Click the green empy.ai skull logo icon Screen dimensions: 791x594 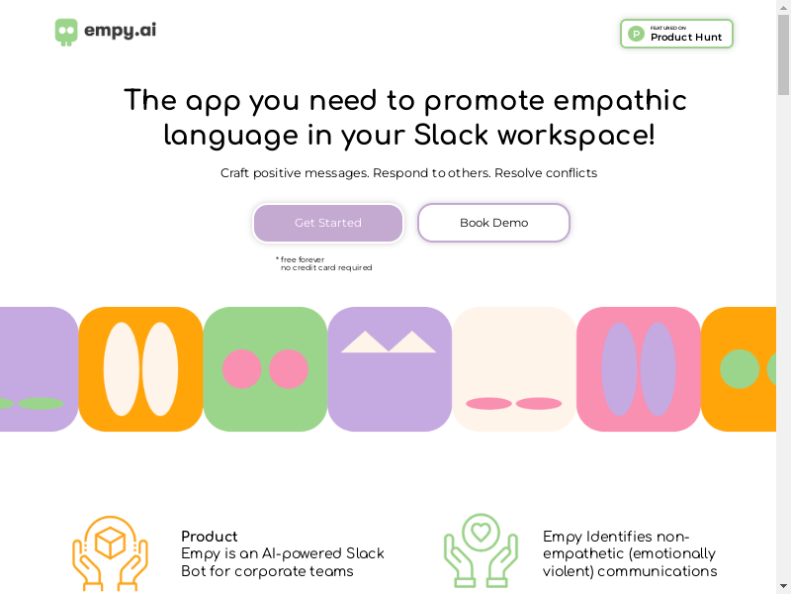tap(66, 33)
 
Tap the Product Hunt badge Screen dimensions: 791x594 tap(676, 34)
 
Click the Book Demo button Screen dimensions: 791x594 tap(493, 223)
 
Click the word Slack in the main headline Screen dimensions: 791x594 tap(451, 135)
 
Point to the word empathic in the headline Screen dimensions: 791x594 tap(620, 100)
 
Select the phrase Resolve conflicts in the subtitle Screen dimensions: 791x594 tap(546, 173)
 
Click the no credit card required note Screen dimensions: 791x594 tap(326, 267)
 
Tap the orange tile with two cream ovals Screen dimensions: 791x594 tap(140, 369)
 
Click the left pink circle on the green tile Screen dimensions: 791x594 tap(241, 369)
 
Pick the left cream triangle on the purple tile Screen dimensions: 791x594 tap(365, 342)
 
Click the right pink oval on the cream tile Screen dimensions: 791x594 tap(538, 403)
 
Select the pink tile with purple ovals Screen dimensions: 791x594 tap(638, 369)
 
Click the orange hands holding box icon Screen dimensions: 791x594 tap(110, 553)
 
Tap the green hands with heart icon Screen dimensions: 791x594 tap(481, 550)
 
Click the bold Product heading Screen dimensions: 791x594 tap(210, 537)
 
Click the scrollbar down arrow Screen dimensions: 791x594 tap(783, 586)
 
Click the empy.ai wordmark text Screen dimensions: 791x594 tap(120, 31)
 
